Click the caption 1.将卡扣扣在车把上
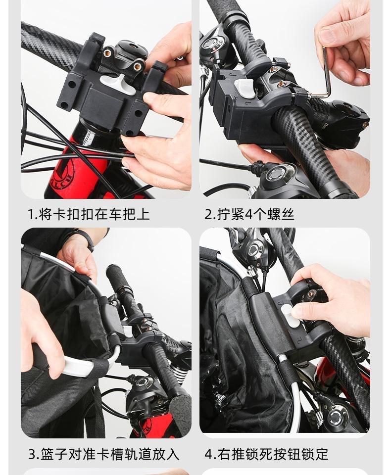89,214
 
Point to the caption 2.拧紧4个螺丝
249,214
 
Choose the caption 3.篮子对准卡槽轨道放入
103,454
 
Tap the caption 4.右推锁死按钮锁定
266,454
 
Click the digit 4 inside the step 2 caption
248,214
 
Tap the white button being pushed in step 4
291,316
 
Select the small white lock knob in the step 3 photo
127,331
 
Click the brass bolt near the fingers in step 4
311,293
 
